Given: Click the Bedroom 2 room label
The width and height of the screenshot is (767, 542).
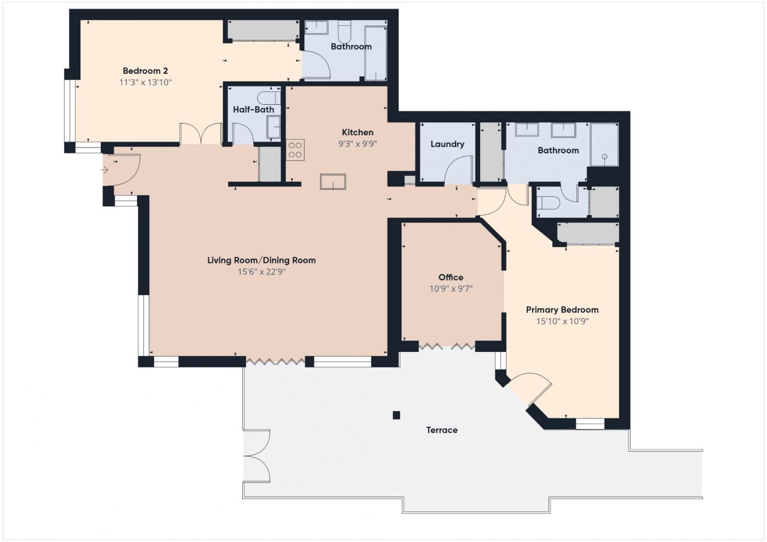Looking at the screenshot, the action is [145, 71].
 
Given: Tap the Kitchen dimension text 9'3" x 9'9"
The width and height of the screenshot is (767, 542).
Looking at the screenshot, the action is [357, 144].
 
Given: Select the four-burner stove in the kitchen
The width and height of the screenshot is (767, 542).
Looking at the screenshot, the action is [295, 150].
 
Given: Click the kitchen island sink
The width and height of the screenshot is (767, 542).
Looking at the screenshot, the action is [333, 181].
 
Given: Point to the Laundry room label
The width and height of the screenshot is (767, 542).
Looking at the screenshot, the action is [447, 144].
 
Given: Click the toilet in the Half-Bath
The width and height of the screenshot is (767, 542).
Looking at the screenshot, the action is [269, 98].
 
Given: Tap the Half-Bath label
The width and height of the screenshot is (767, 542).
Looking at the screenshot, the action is [254, 109].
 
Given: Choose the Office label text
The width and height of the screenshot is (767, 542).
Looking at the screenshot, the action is [450, 277].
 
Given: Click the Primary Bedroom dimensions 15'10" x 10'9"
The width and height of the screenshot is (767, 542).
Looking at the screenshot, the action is [562, 321].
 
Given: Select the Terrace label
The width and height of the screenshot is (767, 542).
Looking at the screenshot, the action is [442, 430].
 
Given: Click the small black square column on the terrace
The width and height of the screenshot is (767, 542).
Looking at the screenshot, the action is [396, 415].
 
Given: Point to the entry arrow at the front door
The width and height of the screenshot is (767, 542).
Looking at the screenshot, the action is [104, 170].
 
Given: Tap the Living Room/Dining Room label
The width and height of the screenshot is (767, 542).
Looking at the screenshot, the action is [261, 261].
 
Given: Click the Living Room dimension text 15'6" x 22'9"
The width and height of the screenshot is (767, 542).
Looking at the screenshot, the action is [262, 272].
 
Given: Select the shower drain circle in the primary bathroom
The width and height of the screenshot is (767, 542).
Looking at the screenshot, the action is [605, 157].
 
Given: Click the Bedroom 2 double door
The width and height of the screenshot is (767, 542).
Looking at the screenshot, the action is [201, 133].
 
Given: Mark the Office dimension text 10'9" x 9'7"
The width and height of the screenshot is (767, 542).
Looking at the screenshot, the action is [451, 289].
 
